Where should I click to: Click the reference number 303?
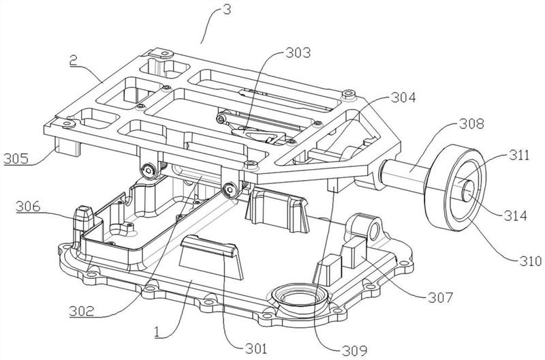[x=298, y=52]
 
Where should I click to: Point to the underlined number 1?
[x=157, y=333]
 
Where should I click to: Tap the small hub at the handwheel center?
[x=469, y=188]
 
